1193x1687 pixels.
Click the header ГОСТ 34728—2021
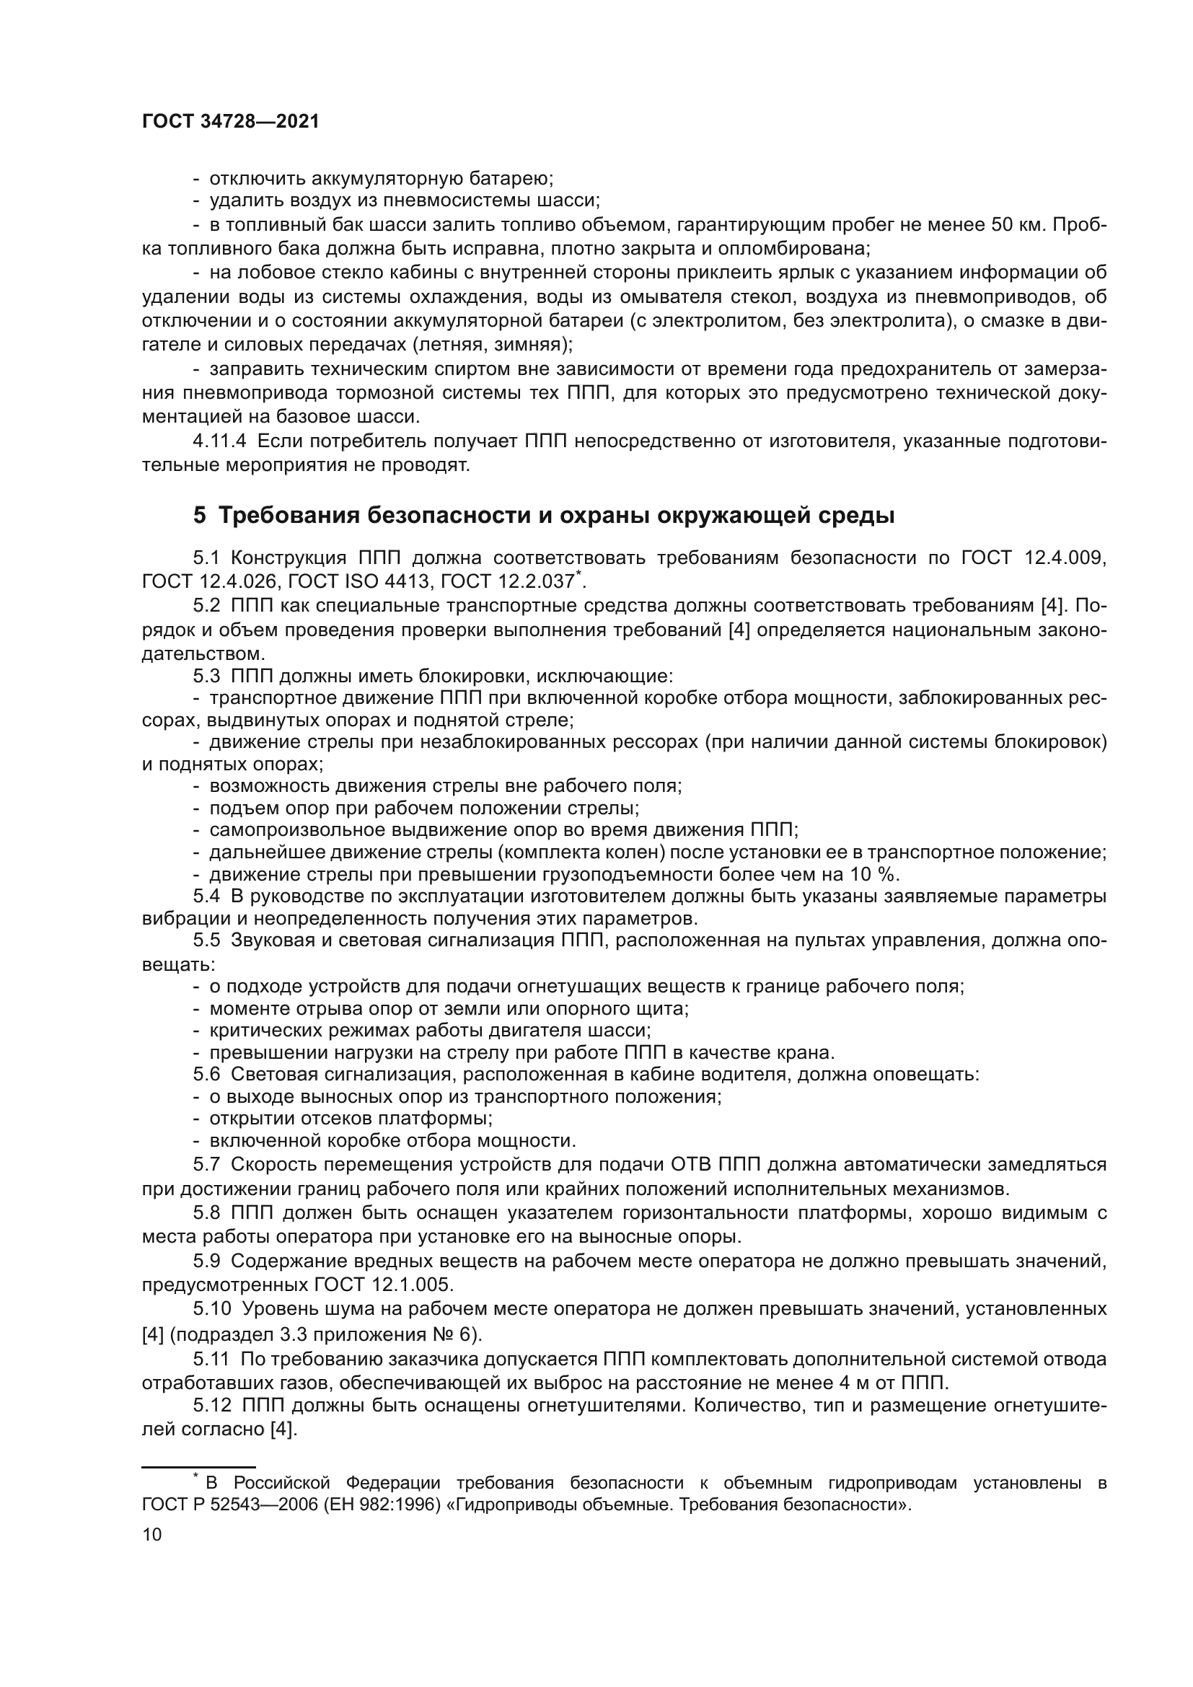coord(231,122)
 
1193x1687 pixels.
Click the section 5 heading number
coord(200,516)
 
